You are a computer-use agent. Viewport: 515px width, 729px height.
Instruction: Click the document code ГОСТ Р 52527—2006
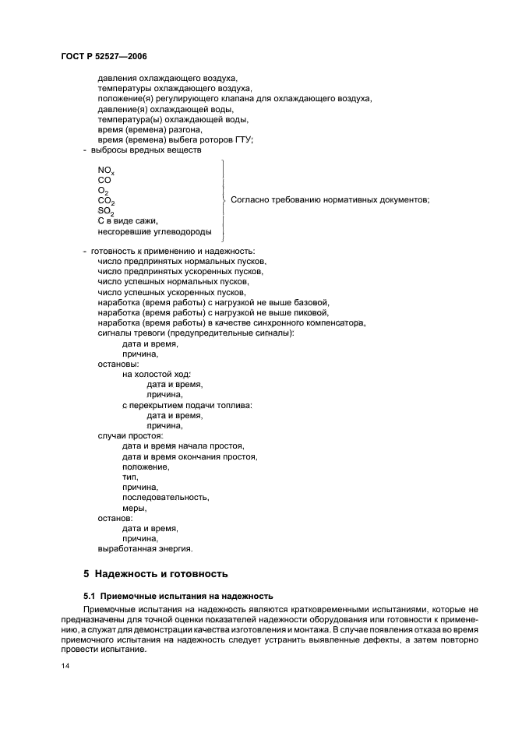point(104,57)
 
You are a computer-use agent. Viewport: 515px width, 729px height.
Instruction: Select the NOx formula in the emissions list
point(106,170)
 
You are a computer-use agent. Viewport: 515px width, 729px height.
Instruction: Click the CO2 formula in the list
point(106,201)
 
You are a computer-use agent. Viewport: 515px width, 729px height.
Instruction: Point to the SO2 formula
point(106,211)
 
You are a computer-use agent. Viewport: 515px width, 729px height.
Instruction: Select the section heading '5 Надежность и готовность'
point(155,573)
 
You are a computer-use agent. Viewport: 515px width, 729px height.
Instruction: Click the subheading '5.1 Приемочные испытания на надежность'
point(172,596)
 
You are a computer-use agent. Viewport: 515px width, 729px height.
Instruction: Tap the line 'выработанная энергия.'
point(145,548)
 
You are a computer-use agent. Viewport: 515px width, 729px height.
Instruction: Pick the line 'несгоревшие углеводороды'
point(154,231)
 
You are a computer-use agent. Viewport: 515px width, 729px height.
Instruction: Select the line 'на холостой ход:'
point(156,374)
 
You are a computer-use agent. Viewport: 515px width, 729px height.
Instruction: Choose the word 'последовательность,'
point(165,497)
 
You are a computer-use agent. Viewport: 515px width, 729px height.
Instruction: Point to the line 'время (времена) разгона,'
point(150,129)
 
